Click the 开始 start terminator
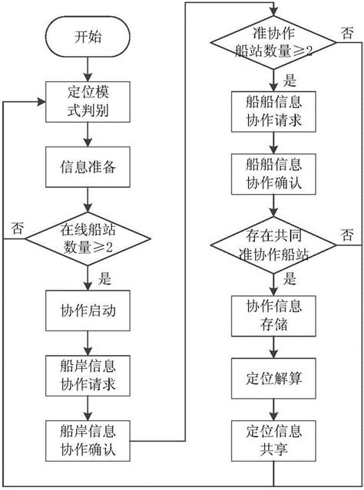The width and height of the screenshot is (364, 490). (x=86, y=36)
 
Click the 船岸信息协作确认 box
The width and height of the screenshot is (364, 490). (x=86, y=436)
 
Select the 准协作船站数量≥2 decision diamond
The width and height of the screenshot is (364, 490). (x=273, y=41)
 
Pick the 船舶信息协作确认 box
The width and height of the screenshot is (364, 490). (x=273, y=174)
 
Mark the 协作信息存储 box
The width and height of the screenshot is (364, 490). (x=273, y=313)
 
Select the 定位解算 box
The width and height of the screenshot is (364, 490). (x=273, y=377)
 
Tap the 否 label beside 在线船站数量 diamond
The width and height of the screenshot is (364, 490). (x=17, y=227)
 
